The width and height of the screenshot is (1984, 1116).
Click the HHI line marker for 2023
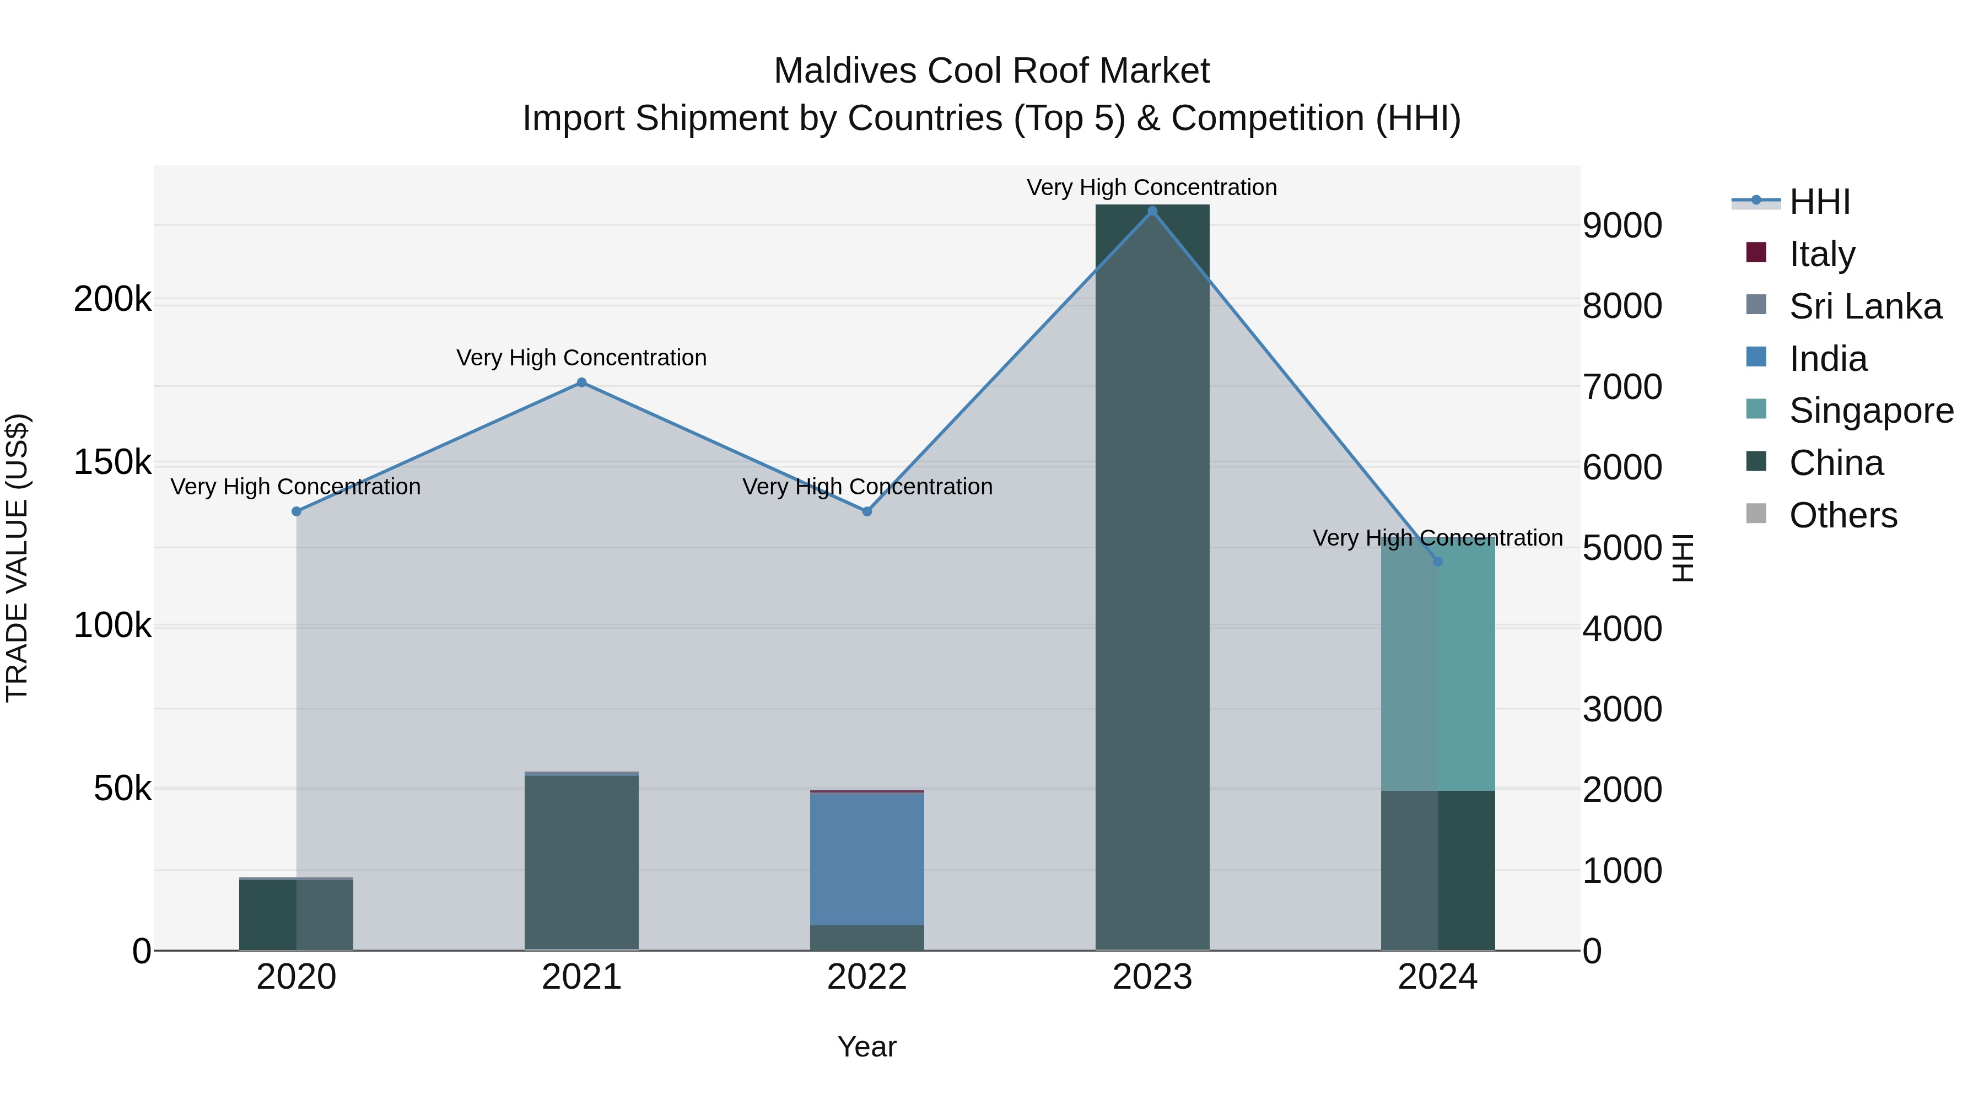(x=1152, y=211)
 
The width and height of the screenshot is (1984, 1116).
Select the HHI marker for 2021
(x=581, y=383)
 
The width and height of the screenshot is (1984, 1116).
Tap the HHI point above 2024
(x=1437, y=562)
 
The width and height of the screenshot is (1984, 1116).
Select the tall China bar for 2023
(x=1152, y=578)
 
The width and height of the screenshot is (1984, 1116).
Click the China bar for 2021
(x=581, y=862)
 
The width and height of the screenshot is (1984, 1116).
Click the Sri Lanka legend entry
(x=1864, y=306)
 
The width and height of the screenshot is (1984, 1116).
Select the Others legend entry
(x=1843, y=515)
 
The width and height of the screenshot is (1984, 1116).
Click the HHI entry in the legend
(x=1819, y=202)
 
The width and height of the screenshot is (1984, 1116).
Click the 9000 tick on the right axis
(x=1622, y=225)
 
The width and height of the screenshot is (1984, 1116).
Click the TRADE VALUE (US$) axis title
(x=17, y=558)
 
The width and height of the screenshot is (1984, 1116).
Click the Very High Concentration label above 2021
(x=581, y=358)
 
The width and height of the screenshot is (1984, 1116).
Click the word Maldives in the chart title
(x=845, y=71)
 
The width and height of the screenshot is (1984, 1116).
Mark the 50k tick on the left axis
(x=122, y=789)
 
